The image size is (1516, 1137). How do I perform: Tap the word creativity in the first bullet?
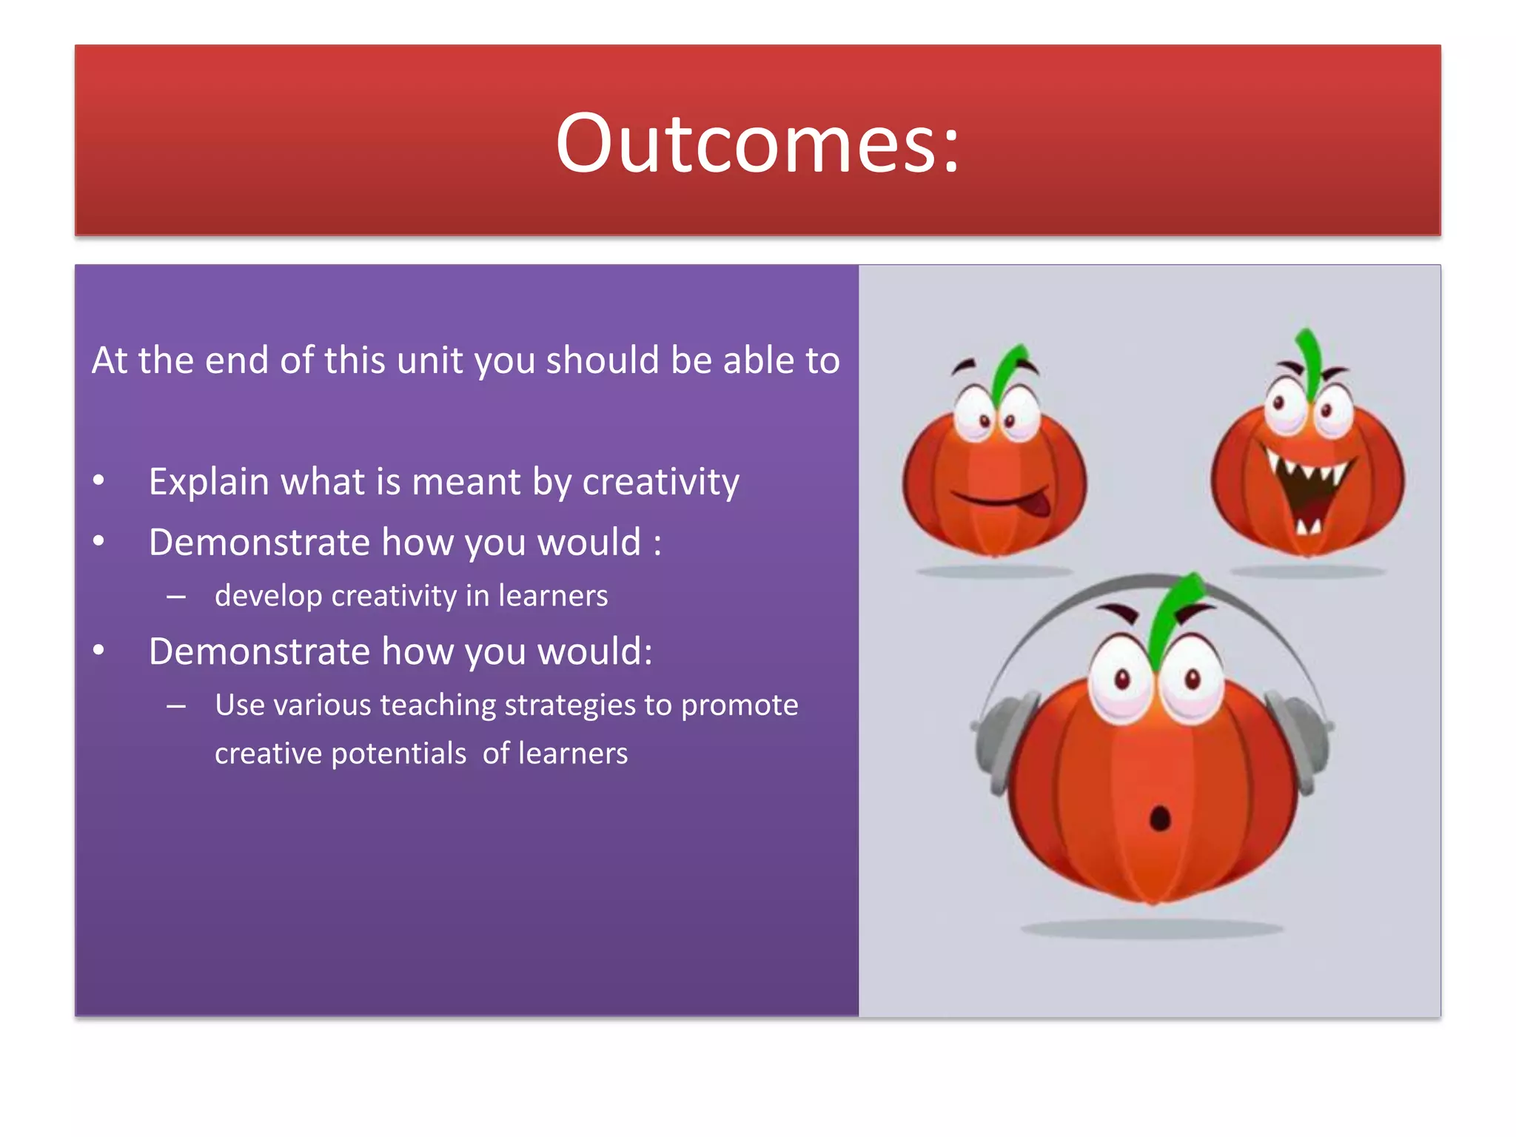coord(660,482)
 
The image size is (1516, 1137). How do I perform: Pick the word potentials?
coord(398,754)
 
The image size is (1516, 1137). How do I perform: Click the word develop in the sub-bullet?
coord(268,596)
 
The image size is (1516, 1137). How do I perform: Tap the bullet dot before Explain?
coord(98,481)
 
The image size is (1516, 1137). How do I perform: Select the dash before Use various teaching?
coord(176,705)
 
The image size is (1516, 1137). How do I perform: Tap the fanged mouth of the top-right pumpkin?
coord(1308,489)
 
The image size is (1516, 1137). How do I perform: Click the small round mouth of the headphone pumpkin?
coord(1159,818)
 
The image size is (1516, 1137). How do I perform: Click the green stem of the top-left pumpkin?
coord(1008,370)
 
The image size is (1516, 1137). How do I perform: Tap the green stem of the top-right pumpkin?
coord(1309,359)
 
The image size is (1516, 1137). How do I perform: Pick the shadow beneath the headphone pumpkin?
coord(1152,928)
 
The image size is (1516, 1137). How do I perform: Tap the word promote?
coord(739,705)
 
